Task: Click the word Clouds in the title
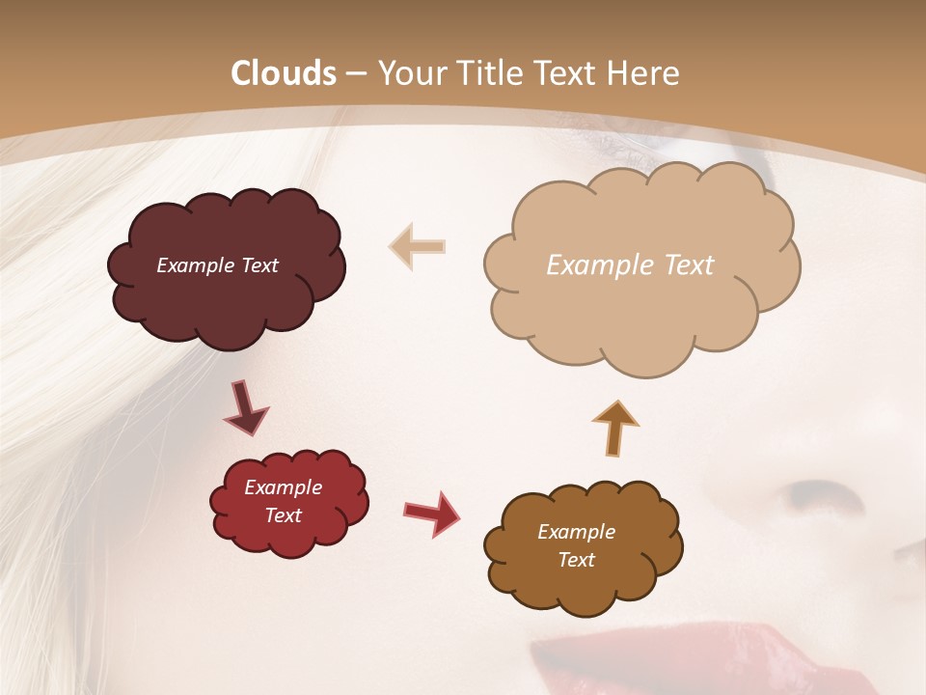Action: tap(285, 73)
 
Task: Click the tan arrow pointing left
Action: tap(417, 246)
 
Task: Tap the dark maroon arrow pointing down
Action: tap(246, 407)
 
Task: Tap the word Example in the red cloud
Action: tap(283, 487)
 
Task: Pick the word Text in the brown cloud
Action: tap(576, 560)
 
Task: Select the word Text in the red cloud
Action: tap(283, 515)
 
